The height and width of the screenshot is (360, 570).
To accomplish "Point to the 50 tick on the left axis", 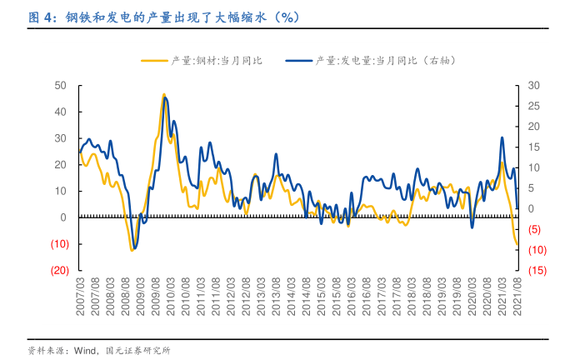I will tap(60, 85).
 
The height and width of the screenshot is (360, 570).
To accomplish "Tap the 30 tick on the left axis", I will tap(60, 138).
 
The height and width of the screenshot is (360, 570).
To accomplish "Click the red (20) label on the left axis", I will tap(57, 271).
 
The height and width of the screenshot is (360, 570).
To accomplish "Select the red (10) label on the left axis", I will tap(57, 244).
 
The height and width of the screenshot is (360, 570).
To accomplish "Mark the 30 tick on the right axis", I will tap(535, 85).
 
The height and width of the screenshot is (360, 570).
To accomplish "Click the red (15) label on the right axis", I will tap(537, 271).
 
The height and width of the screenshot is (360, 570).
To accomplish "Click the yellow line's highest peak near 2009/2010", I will tap(164, 94).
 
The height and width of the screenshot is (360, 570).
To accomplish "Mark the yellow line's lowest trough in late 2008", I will tap(132, 250).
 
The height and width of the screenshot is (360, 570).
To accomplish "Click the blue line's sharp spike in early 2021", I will tap(502, 137).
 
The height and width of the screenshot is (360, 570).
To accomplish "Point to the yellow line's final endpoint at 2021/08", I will tap(517, 244).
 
